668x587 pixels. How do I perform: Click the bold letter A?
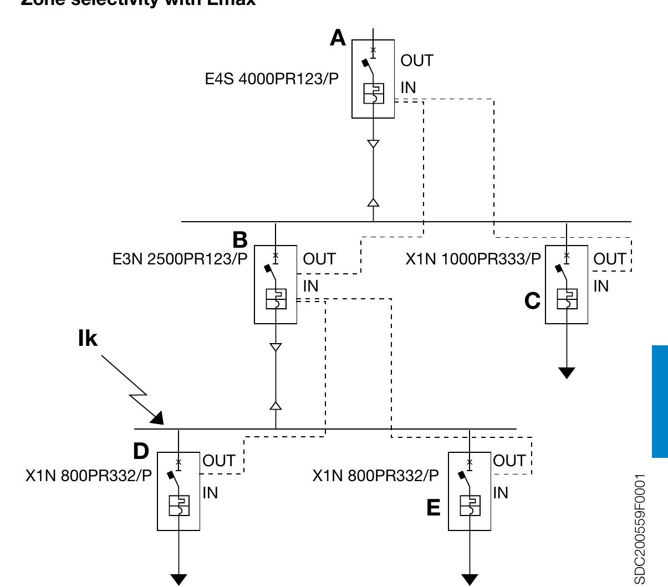pos(338,38)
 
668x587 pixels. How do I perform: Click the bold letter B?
pos(240,240)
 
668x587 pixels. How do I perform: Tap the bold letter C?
pos(532,301)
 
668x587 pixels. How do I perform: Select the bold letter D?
pos(141,451)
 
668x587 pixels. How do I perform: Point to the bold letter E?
pos(434,508)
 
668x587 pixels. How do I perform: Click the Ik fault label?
pos(88,339)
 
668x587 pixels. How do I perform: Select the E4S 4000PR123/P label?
pos(272,79)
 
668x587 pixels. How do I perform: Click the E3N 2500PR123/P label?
pos(180,259)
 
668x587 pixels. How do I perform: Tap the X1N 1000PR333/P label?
pos(473,259)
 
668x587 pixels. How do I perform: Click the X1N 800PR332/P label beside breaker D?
pos(89,476)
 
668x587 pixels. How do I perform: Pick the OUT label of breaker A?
pos(417,60)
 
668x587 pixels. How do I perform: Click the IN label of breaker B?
pos(311,286)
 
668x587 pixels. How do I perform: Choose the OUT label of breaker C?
pos(610,259)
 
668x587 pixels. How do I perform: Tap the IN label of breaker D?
pos(210,492)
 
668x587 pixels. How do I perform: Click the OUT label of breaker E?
pos(509,461)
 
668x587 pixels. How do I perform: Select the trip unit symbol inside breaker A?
pos(373,93)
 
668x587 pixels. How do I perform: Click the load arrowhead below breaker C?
pos(567,372)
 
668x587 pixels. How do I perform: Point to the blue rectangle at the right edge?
pos(660,401)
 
